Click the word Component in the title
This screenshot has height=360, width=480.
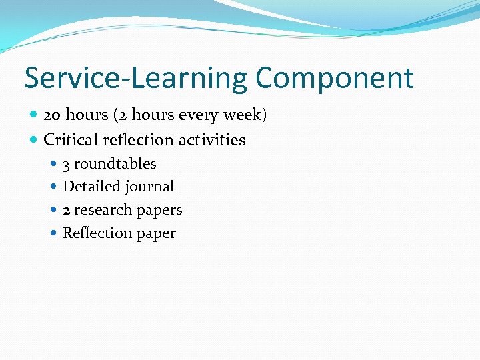point(334,79)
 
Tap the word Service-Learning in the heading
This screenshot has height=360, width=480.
point(135,79)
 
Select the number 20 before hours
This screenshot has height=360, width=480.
point(52,115)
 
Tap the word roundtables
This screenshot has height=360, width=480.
point(115,164)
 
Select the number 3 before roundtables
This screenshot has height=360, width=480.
point(67,164)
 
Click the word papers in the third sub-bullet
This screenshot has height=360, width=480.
point(159,211)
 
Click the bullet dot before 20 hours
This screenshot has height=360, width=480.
point(34,115)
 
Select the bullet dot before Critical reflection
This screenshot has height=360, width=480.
point(34,140)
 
